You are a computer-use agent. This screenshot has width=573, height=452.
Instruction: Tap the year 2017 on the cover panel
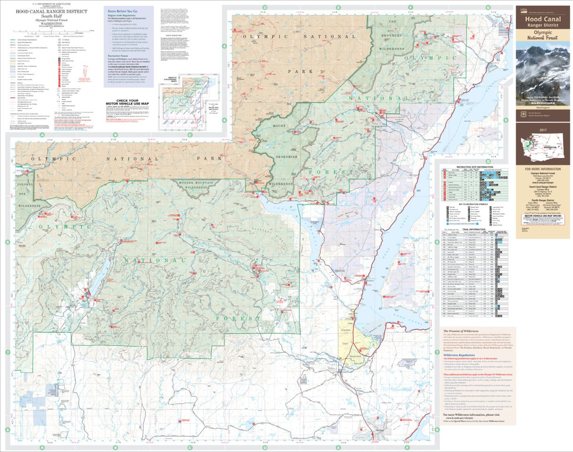[542, 129]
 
